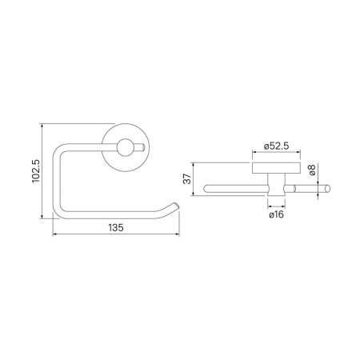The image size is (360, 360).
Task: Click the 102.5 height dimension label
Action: [36, 171]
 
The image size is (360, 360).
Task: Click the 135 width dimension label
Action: [116, 227]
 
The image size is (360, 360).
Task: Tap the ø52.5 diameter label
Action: [276, 146]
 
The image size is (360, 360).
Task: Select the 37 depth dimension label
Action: [187, 178]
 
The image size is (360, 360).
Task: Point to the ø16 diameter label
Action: [276, 214]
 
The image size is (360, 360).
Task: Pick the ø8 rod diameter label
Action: [311, 170]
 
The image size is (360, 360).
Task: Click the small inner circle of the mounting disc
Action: [124, 147]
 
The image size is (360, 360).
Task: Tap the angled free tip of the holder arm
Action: [176, 206]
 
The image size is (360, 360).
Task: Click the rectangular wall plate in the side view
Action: [276, 168]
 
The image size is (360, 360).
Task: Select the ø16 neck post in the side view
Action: [276, 185]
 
